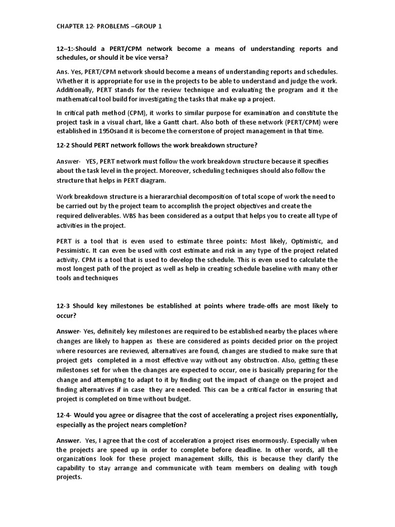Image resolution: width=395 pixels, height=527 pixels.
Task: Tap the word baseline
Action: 266,269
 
